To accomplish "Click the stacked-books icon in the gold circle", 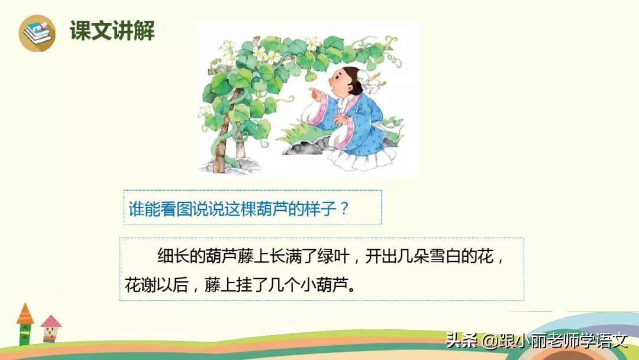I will pos(37,33).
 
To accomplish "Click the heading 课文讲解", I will pos(112,30).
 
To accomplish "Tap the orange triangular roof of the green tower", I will pos(25,314).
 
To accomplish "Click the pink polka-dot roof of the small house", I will pos(51,322).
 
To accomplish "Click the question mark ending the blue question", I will pos(345,208).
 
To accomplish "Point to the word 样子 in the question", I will pos(320,208).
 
